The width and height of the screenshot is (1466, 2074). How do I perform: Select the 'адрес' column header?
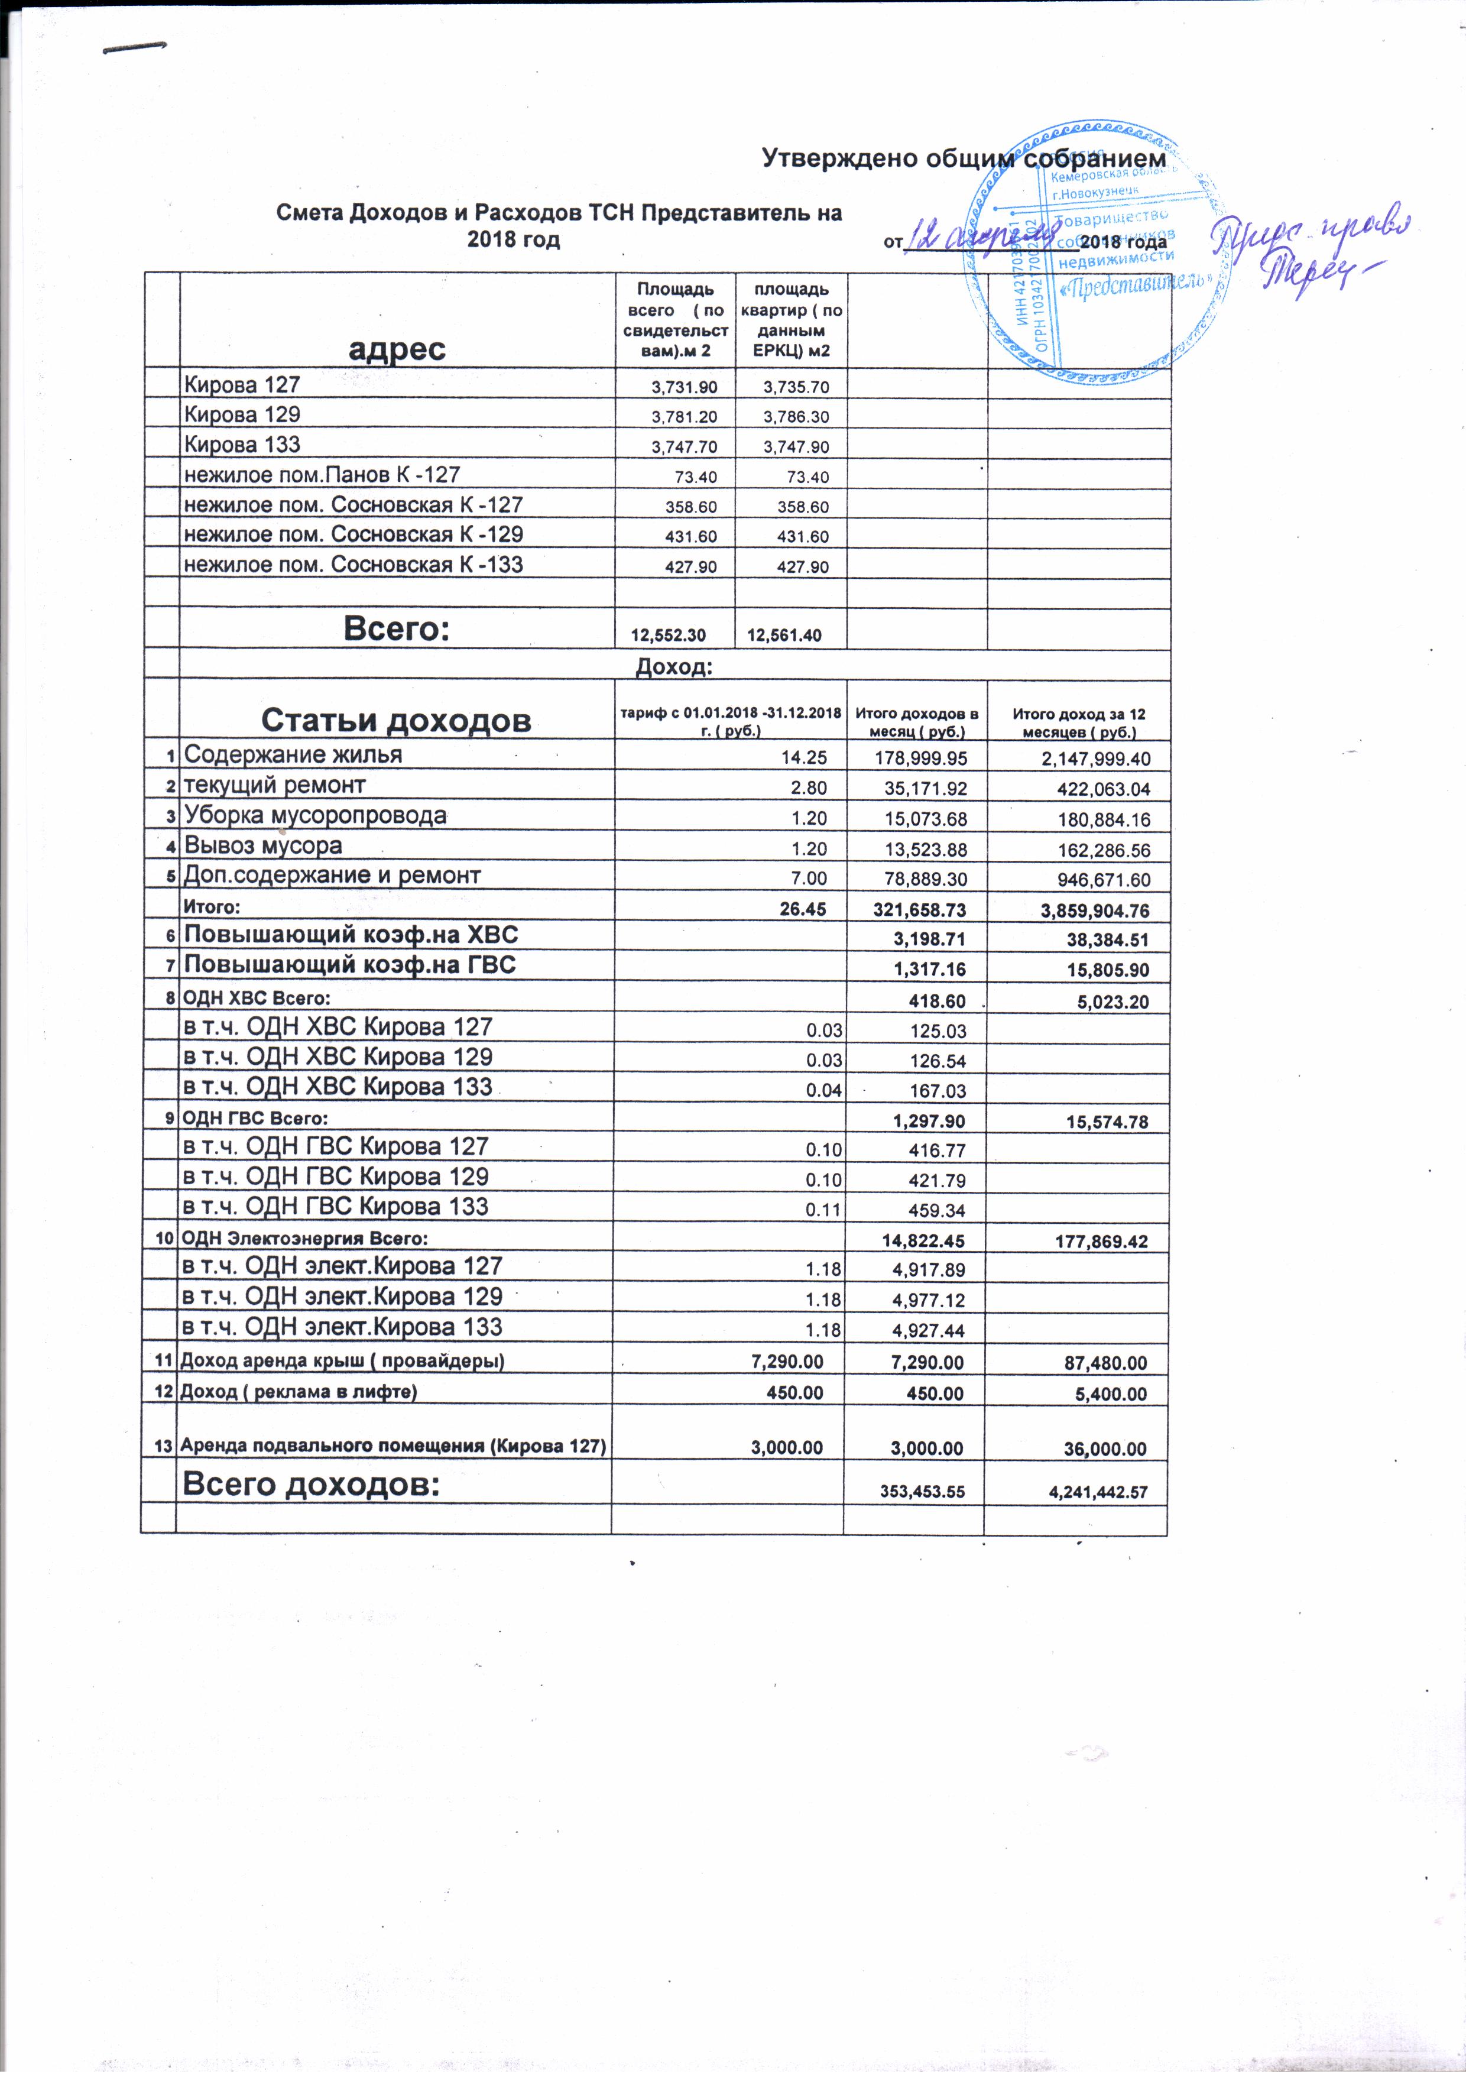click(397, 349)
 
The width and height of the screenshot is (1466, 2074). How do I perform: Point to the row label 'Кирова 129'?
click(242, 414)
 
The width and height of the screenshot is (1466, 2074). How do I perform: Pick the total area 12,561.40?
click(784, 635)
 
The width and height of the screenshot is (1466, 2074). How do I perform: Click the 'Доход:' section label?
click(674, 667)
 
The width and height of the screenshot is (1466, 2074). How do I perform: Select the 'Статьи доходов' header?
click(395, 720)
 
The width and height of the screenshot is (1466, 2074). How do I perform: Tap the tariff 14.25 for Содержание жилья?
click(803, 758)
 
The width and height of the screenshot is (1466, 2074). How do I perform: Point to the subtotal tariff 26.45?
click(803, 910)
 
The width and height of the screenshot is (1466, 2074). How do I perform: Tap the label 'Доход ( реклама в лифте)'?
click(299, 1392)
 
